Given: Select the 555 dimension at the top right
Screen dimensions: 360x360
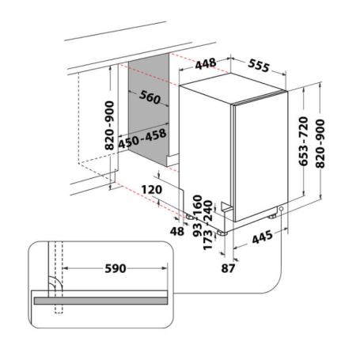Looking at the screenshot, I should pos(257,66).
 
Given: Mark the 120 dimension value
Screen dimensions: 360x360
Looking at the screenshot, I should pos(153,190).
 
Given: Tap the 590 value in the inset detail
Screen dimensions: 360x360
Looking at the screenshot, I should pos(115,268).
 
